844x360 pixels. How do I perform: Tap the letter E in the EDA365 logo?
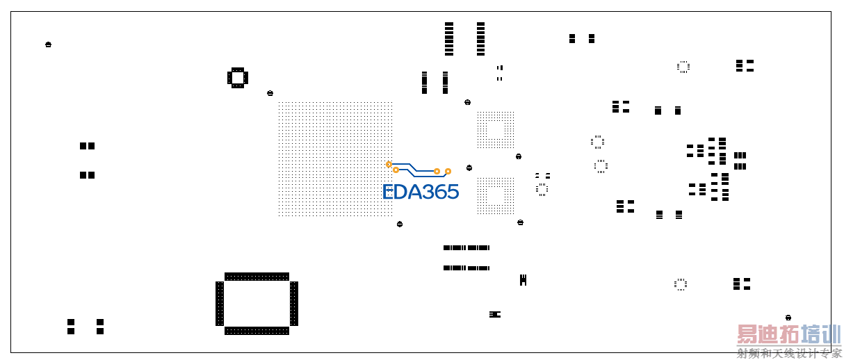point(388,192)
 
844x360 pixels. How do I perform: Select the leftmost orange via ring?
point(389,164)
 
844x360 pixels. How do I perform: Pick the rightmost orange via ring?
point(448,172)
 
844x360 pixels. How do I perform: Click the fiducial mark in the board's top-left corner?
point(48,44)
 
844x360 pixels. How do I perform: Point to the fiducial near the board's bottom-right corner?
point(788,318)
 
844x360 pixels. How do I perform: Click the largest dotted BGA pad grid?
point(335,158)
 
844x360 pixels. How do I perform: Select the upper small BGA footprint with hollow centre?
point(496,129)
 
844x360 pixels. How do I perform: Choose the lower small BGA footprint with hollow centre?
point(496,196)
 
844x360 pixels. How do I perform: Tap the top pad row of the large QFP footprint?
point(257,277)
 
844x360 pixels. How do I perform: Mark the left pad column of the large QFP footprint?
point(220,304)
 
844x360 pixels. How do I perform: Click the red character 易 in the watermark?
point(747,334)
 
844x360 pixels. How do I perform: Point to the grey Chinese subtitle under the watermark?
point(789,354)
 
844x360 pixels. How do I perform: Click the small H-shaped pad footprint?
point(523,280)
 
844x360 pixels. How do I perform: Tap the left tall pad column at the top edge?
point(448,39)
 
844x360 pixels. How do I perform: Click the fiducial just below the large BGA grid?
point(400,224)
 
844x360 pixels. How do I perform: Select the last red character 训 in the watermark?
point(831,334)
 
